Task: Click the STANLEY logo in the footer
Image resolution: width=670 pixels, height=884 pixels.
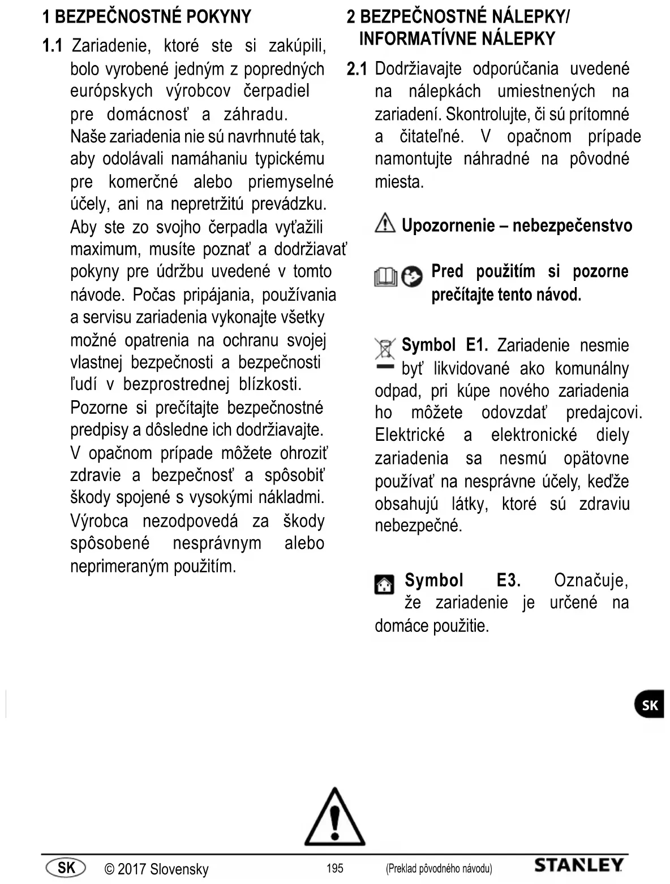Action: tap(578, 865)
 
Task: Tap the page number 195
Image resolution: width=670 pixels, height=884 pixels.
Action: tap(335, 868)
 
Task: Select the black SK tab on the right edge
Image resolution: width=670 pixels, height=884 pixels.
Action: tap(650, 705)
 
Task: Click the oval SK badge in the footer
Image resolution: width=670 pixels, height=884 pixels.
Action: tap(66, 867)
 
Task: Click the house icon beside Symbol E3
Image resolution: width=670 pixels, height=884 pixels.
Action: tap(385, 584)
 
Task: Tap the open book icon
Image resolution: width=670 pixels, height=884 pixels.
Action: tap(385, 277)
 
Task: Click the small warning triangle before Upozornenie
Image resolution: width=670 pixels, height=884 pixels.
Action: tap(385, 224)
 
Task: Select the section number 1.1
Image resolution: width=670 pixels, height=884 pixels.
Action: tap(52, 46)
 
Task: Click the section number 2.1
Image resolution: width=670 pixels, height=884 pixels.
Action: tap(357, 69)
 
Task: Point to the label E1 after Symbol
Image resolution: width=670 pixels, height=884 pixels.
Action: tap(476, 345)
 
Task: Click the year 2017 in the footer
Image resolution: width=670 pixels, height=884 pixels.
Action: tap(131, 869)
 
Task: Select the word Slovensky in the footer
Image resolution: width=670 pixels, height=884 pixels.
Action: tap(179, 869)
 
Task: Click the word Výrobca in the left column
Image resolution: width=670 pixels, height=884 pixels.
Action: tap(99, 521)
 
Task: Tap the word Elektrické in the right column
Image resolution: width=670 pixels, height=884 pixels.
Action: tap(410, 435)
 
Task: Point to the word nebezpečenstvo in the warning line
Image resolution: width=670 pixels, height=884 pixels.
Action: tap(572, 226)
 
